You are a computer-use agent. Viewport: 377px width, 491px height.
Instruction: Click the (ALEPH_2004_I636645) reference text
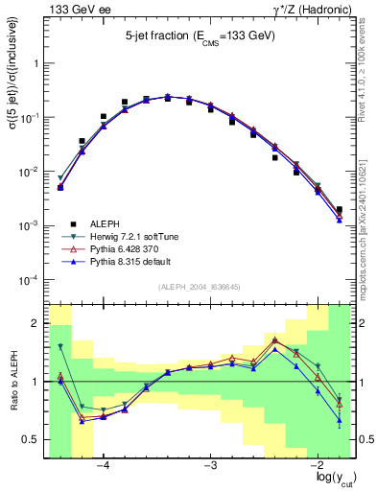[200, 287]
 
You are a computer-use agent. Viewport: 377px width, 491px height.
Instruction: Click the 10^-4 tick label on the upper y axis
[31, 281]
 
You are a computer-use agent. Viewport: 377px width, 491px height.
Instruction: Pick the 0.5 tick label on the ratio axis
[33, 440]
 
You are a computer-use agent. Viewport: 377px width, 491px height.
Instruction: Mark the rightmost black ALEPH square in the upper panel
[340, 209]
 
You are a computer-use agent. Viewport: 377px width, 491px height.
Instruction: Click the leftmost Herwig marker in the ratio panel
[59, 346]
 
